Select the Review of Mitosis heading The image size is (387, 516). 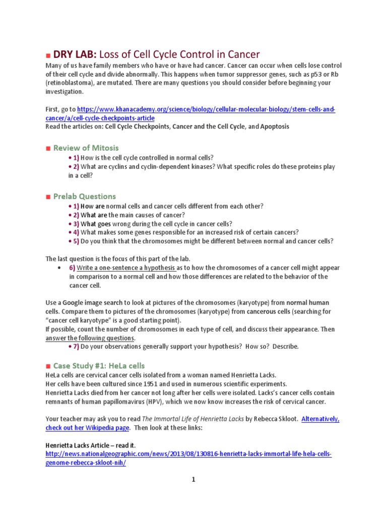tap(86, 148)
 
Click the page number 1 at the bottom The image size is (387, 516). tap(193, 480)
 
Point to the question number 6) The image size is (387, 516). tap(72, 268)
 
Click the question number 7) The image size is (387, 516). tap(72, 346)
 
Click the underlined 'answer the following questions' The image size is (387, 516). tap(90, 338)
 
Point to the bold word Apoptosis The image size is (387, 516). tap(275, 126)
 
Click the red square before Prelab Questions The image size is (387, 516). tap(48, 197)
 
